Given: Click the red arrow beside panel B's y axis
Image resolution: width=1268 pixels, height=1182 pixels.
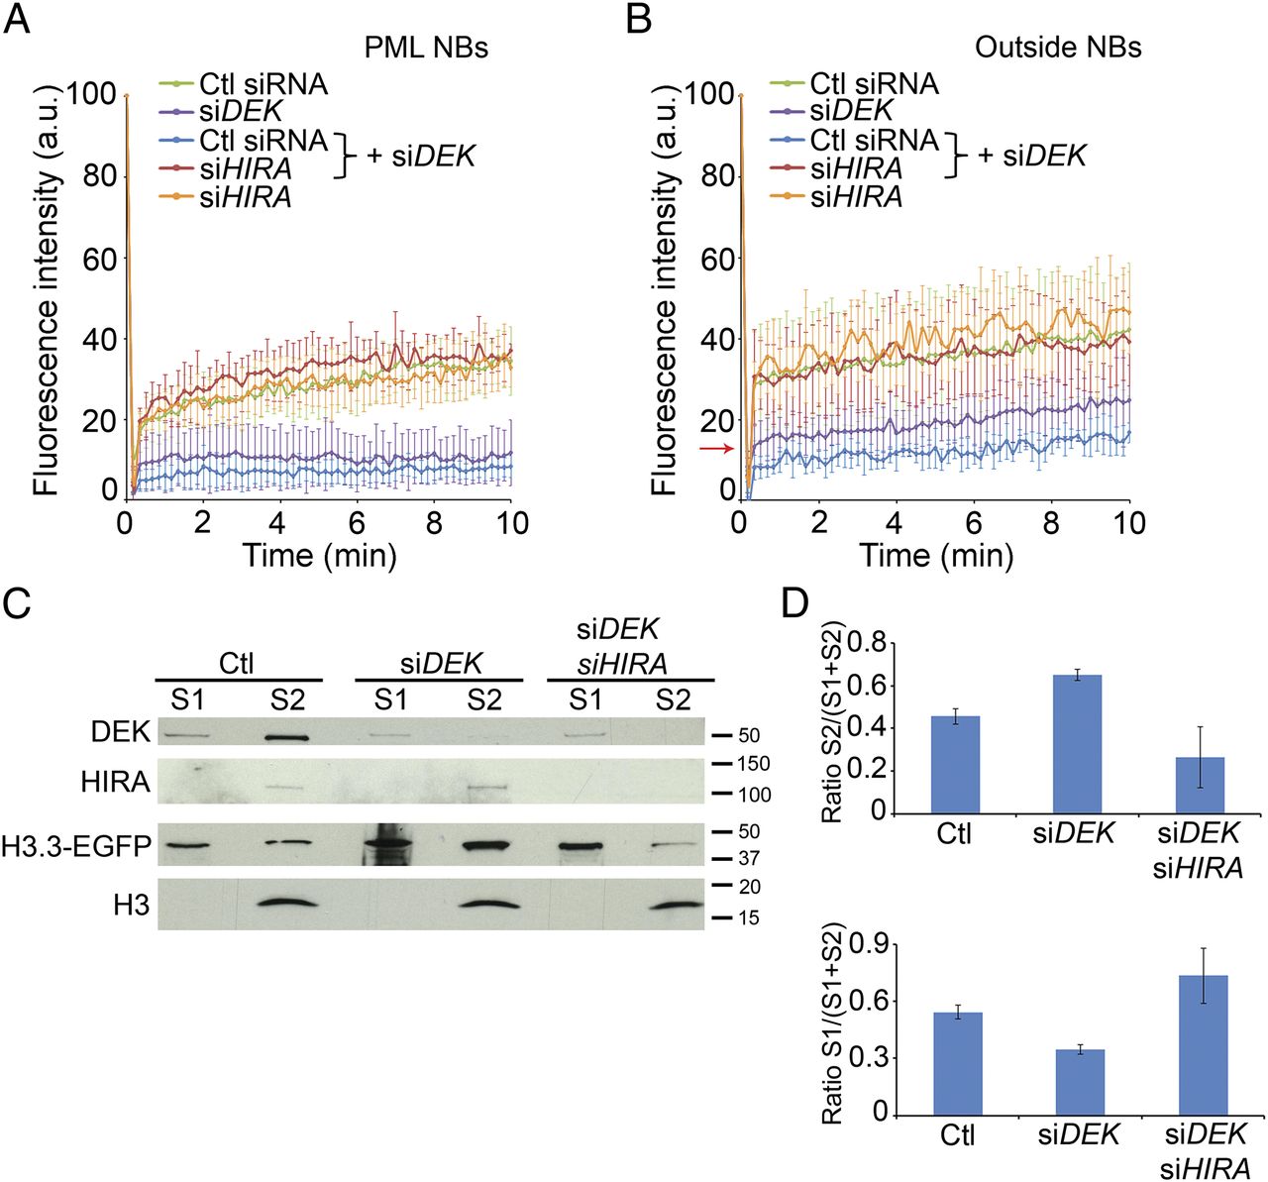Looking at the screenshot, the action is click(x=717, y=449).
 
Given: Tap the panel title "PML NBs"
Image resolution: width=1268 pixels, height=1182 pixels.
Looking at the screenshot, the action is click(x=426, y=48).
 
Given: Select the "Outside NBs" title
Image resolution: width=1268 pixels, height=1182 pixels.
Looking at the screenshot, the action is click(x=1058, y=48).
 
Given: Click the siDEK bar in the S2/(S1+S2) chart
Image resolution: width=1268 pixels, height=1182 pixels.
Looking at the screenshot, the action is click(x=1077, y=744).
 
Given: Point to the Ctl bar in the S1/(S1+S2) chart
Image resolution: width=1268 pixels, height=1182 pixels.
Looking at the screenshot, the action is click(x=958, y=1064).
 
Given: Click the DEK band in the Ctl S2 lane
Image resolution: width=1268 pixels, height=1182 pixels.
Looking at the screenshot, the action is click(x=286, y=738).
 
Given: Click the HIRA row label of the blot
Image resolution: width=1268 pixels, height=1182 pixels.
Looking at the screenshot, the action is click(x=115, y=783).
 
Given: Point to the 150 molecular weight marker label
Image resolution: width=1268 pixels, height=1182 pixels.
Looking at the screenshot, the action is click(x=755, y=764).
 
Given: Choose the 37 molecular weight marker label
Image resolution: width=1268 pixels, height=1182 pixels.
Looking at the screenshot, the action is click(x=749, y=858).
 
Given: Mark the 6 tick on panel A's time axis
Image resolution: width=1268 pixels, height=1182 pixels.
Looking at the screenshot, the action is click(x=357, y=523).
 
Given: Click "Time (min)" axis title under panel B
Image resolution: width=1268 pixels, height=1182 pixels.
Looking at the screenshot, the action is click(x=936, y=555).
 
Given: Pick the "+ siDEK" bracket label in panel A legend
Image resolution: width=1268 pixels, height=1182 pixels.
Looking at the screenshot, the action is click(x=421, y=156).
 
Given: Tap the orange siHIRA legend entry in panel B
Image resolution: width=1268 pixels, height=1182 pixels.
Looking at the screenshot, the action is click(x=837, y=197).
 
